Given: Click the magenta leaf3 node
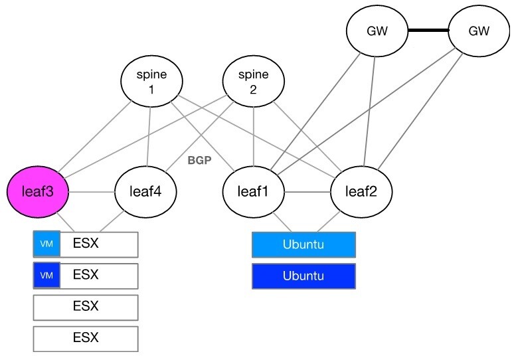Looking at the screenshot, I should click(39, 193).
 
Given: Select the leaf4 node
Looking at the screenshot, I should click(145, 193).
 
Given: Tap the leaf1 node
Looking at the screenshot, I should click(253, 193).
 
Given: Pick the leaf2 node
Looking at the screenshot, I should click(362, 193).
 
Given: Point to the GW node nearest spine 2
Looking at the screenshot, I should click(377, 31).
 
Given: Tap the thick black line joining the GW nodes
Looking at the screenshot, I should click(428, 31).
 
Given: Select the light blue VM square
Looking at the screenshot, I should click(46, 244).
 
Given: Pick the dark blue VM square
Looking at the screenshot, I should click(46, 276).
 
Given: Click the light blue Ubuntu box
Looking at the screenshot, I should click(303, 244).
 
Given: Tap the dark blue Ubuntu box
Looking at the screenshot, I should click(303, 276).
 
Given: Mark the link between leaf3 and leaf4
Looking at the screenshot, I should click(92, 193).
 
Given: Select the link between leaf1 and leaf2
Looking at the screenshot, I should click(307, 193).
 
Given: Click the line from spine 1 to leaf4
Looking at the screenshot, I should click(149, 136).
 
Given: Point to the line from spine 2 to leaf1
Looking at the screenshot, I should click(253, 136).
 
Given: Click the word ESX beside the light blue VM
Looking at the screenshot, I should click(86, 243).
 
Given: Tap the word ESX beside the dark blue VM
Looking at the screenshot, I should click(86, 275).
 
